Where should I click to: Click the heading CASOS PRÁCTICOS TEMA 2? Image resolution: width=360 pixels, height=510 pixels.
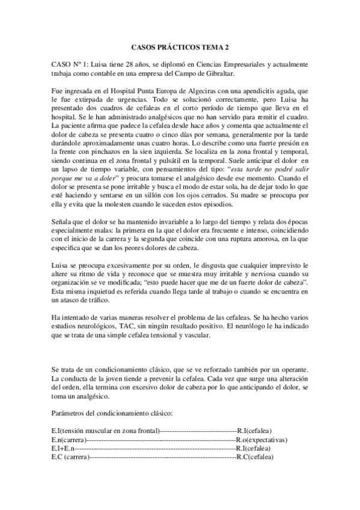(180, 46)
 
